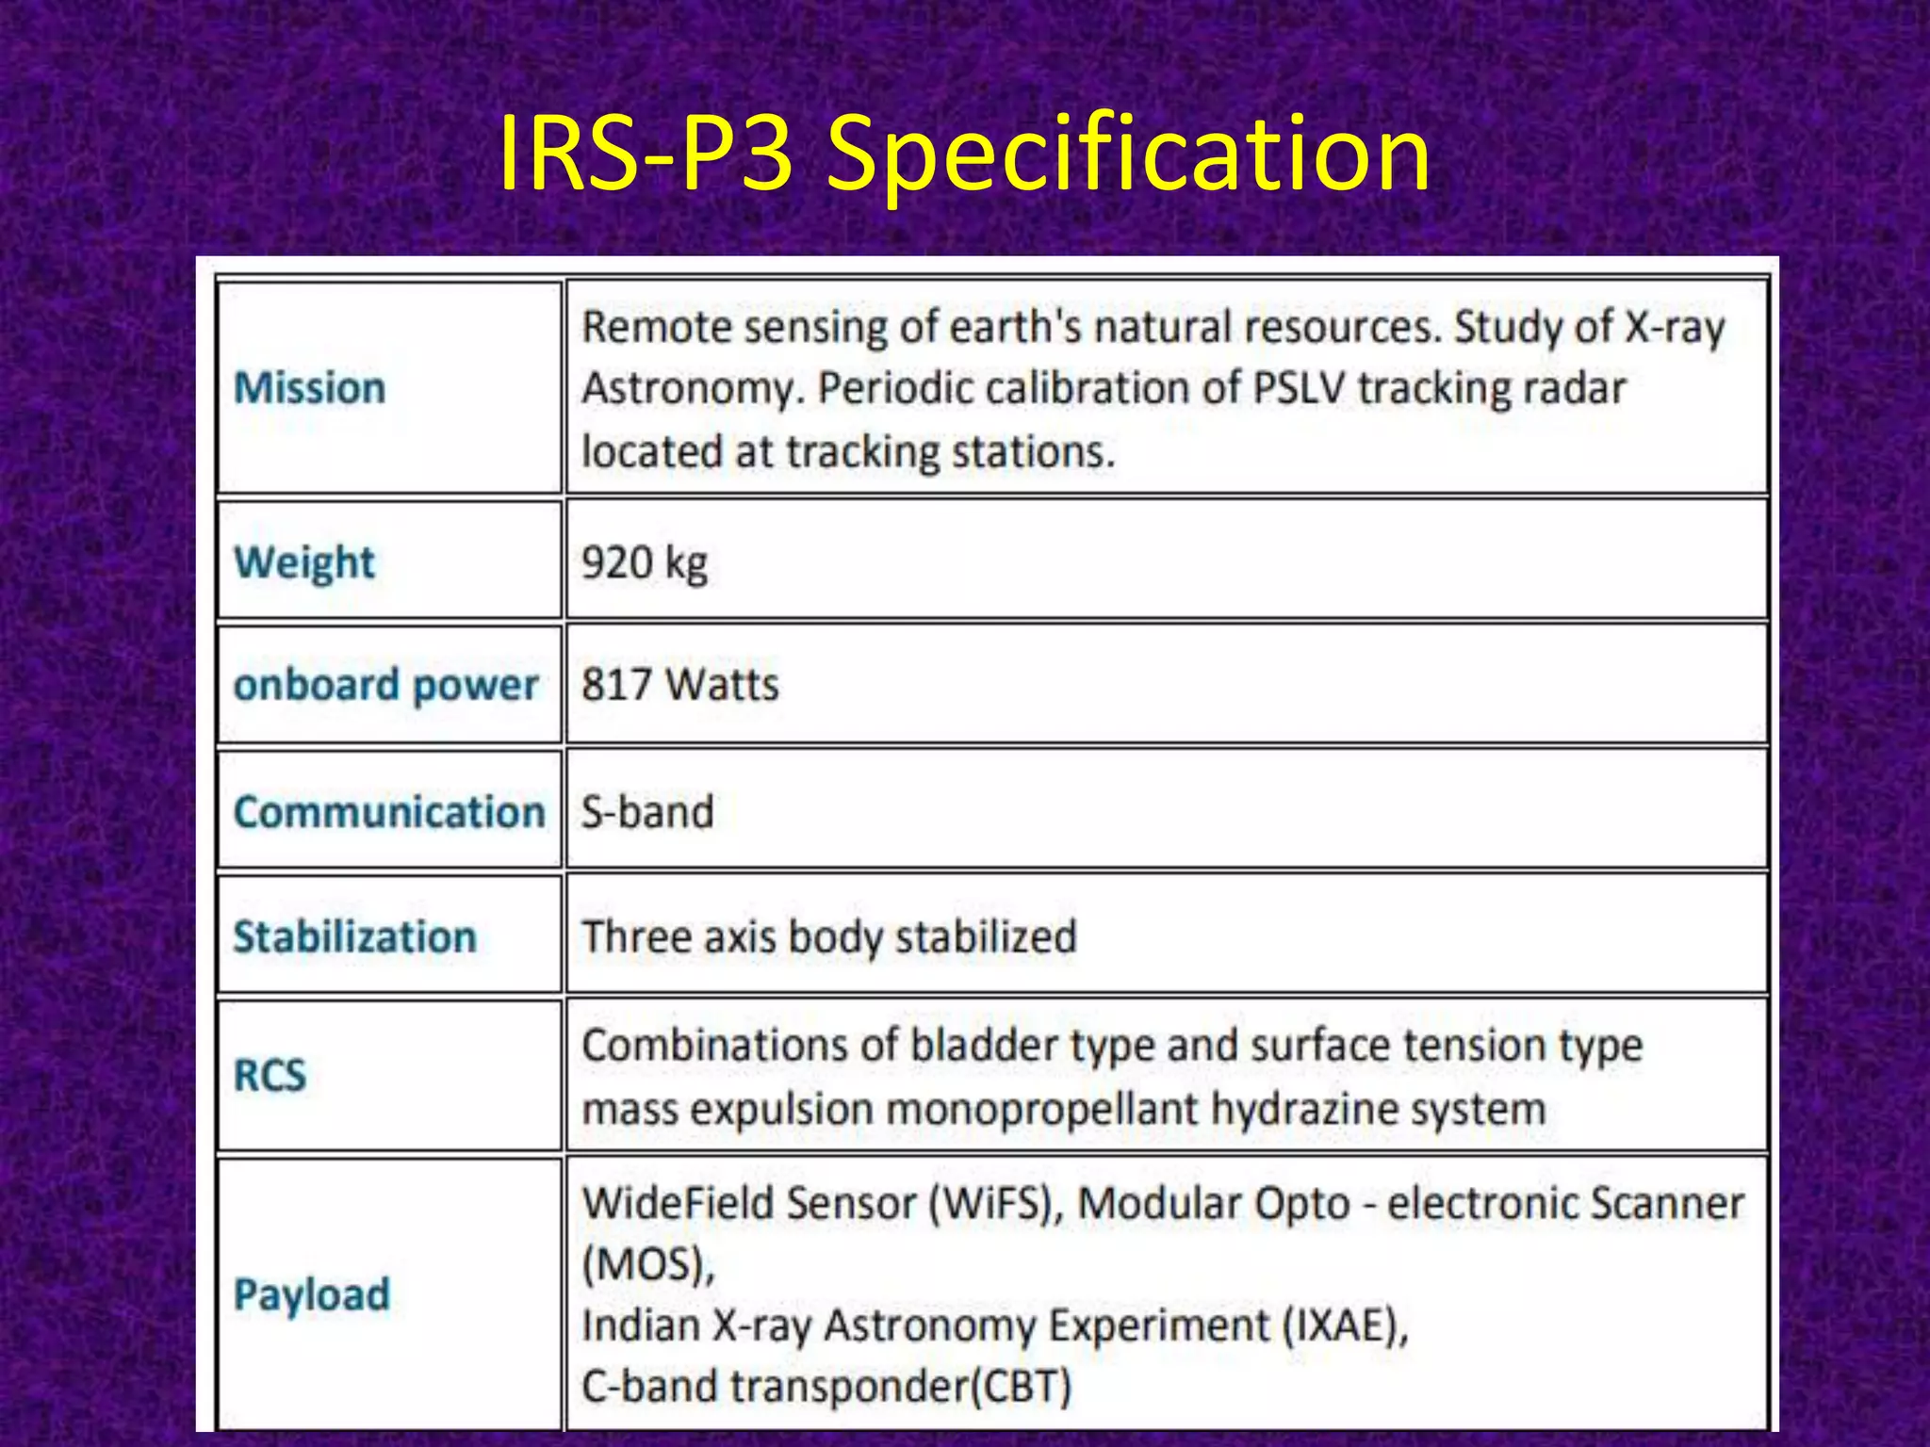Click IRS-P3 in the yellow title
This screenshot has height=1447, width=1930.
645,154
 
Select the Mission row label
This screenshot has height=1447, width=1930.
309,388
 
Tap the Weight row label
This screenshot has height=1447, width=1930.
303,562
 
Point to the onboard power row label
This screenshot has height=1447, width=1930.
386,685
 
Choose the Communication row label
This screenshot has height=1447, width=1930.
389,812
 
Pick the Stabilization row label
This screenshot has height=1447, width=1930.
354,937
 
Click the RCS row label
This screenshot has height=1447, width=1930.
270,1075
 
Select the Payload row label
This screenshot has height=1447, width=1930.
311,1294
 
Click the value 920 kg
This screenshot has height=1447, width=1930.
645,563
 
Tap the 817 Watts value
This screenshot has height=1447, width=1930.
679,685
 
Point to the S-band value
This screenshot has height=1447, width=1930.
647,812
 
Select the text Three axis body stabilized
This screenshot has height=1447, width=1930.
828,937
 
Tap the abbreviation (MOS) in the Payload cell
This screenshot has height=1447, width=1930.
648,1265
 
